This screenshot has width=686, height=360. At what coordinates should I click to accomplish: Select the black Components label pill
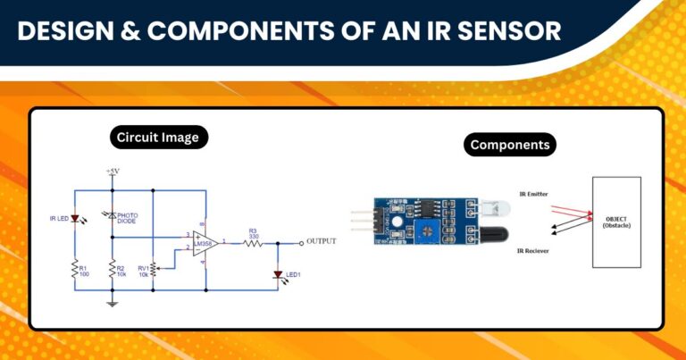(x=509, y=145)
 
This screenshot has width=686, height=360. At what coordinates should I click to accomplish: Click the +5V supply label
(x=113, y=171)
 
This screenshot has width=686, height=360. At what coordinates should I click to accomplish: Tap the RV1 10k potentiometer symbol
(x=153, y=267)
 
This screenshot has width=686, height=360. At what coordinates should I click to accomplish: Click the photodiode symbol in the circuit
(x=113, y=216)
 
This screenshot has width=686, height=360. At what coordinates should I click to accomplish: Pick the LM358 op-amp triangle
(x=205, y=243)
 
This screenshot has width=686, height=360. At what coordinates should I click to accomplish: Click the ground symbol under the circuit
(x=113, y=304)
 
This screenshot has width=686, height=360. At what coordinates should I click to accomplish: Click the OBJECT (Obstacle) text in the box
(x=616, y=222)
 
